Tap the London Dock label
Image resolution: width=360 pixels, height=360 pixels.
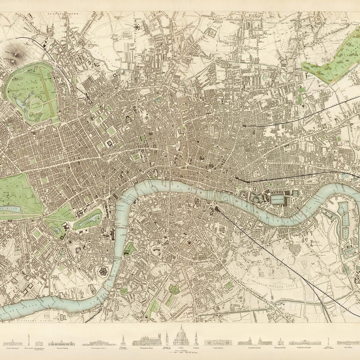[276, 196]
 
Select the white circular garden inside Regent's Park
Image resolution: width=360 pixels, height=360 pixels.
[36, 107]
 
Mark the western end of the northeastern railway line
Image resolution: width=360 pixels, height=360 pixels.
[243, 126]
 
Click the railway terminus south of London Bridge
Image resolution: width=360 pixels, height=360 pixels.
[217, 208]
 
